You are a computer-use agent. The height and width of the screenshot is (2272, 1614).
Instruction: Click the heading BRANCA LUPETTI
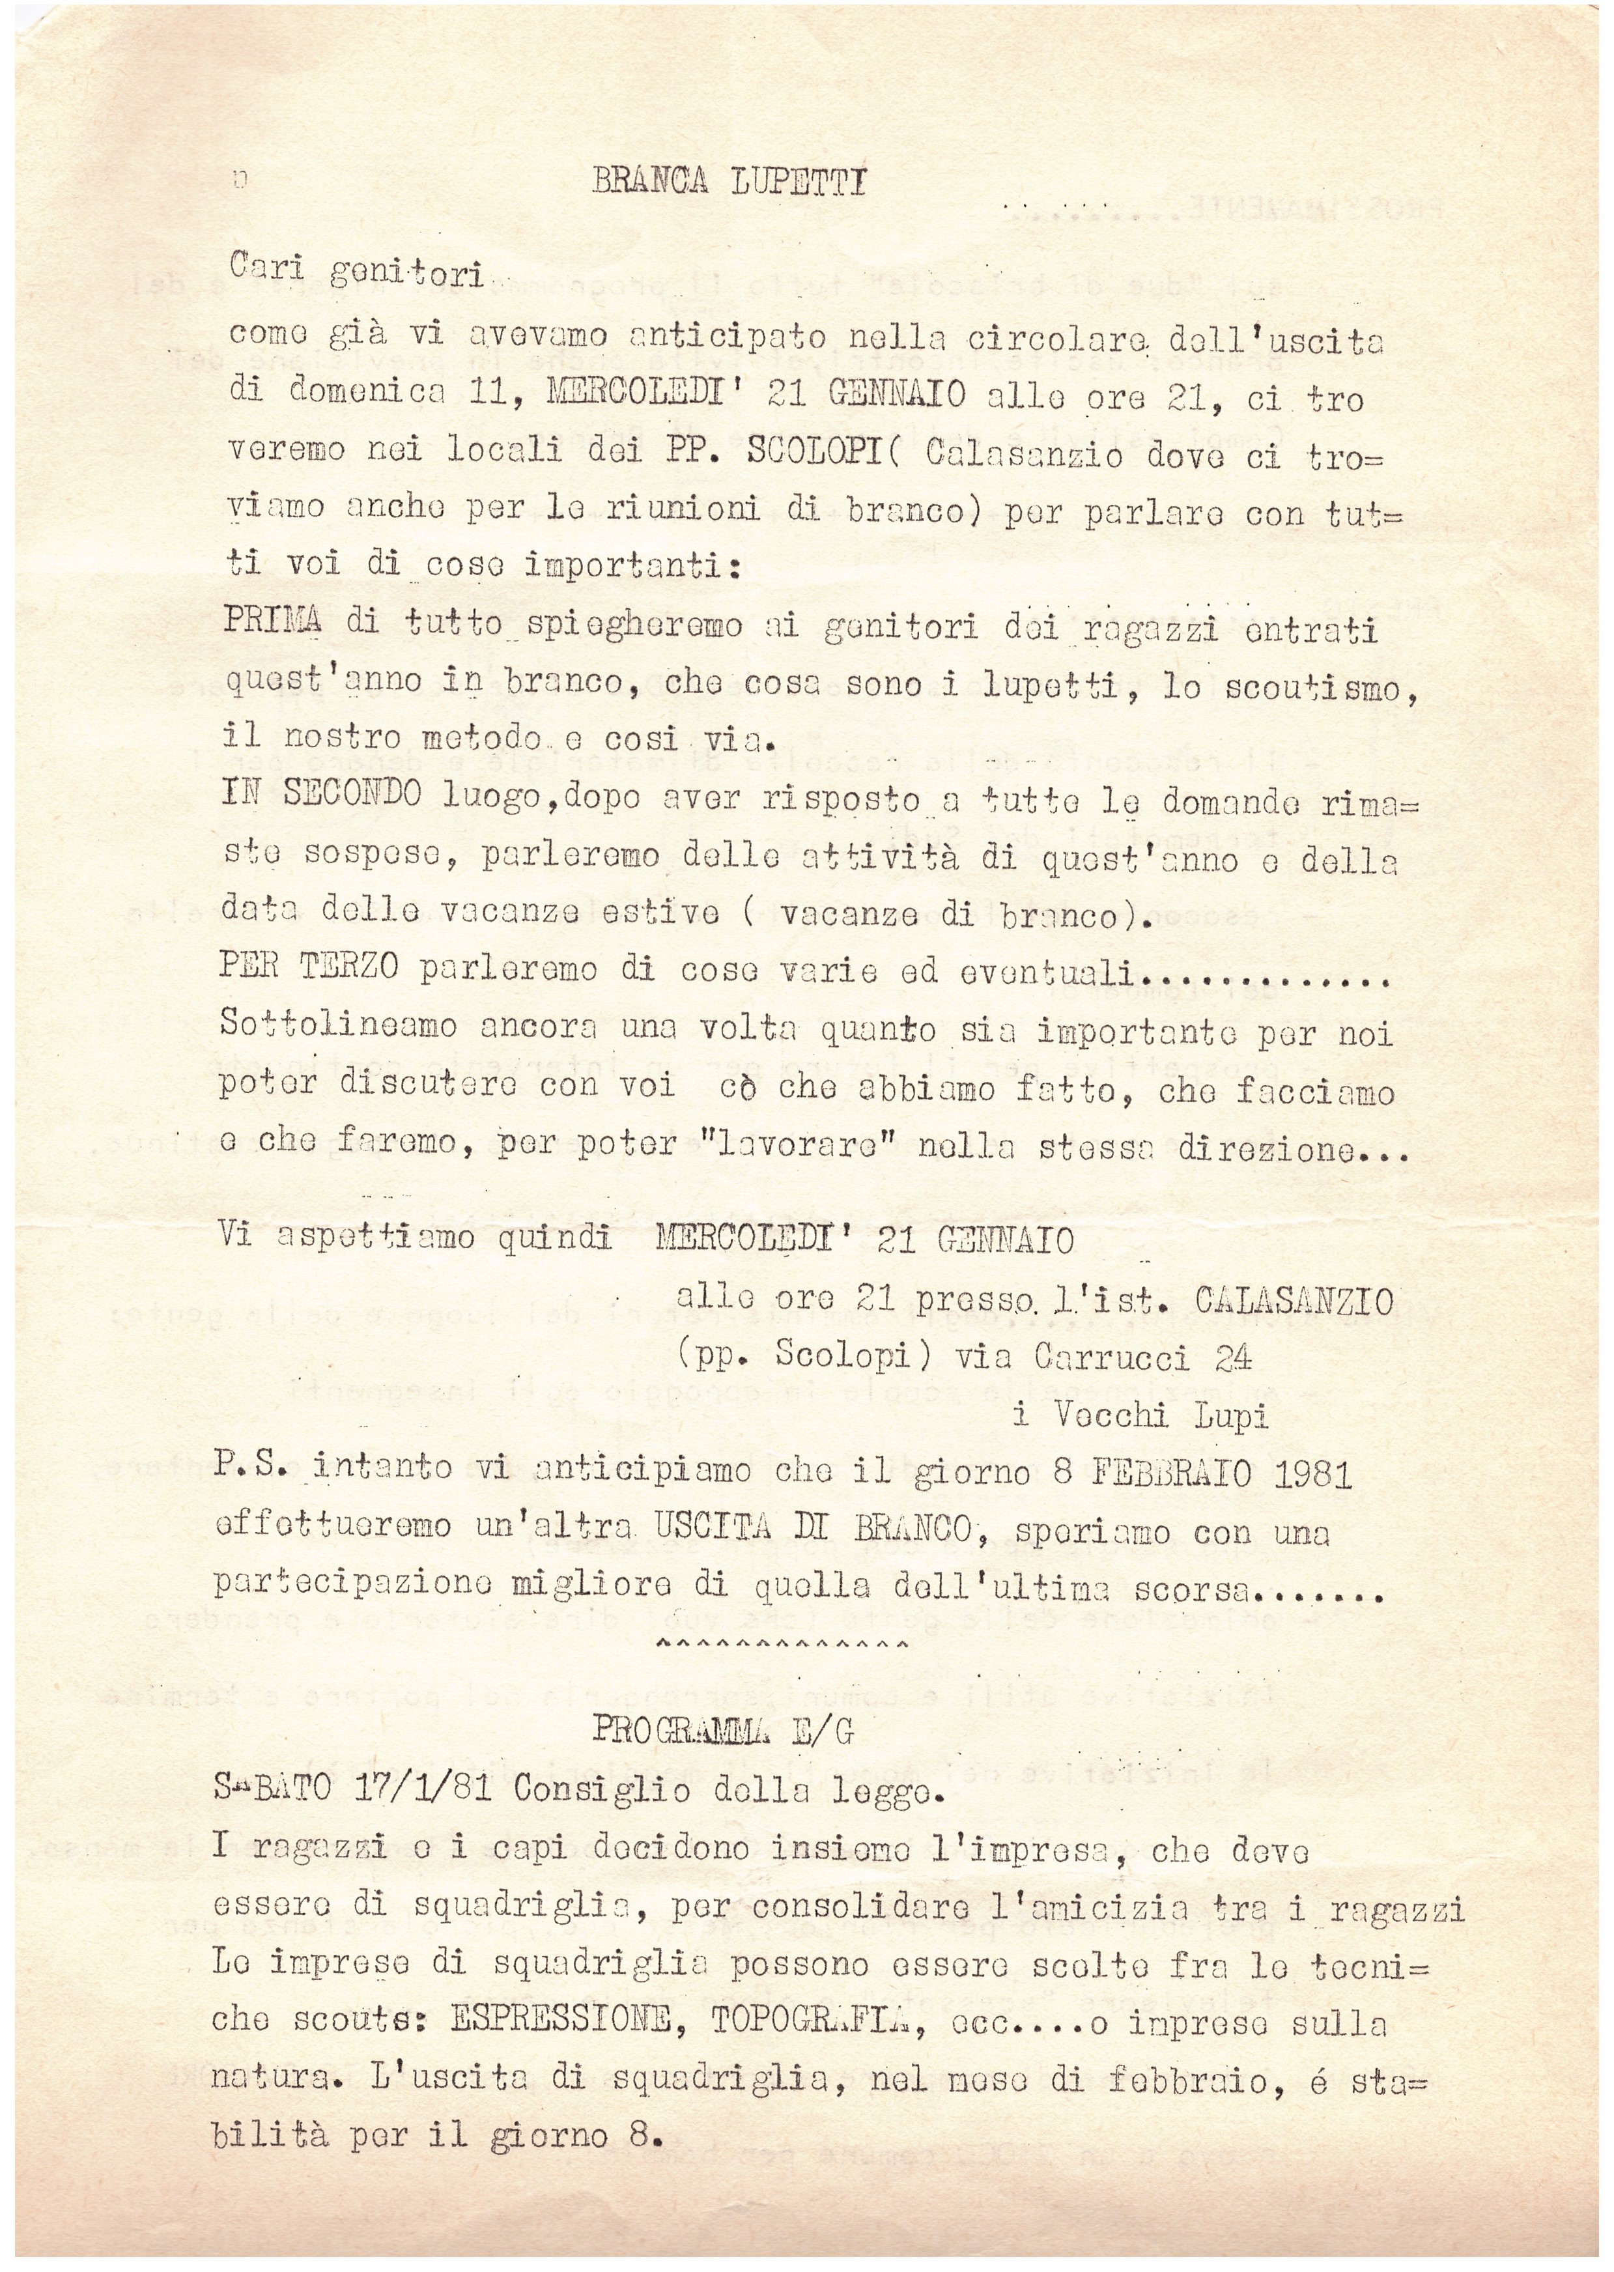[x=728, y=182]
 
